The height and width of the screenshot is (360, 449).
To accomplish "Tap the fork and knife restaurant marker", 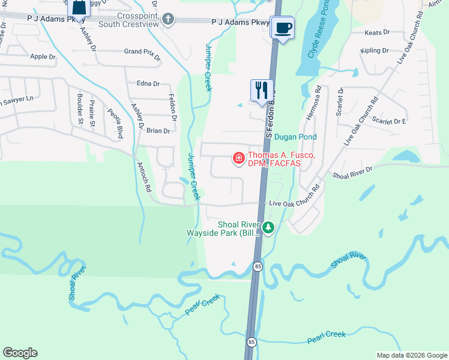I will [262, 90].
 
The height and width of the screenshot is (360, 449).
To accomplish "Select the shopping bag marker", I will [78, 8].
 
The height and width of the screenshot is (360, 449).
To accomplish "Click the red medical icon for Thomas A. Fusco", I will [238, 158].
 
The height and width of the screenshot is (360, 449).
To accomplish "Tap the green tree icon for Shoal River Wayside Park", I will [269, 227].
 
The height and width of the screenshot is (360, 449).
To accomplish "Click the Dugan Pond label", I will [295, 137].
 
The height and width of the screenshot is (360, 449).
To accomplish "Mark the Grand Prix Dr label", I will [142, 53].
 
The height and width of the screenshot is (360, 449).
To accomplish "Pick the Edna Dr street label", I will [148, 84].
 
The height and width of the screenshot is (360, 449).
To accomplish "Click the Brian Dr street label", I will [158, 130].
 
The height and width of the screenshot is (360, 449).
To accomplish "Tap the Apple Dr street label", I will [43, 57].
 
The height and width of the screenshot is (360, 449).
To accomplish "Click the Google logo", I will [20, 353].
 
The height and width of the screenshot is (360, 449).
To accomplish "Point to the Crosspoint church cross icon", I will [167, 19].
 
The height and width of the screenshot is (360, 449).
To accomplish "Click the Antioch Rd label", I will [143, 176].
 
